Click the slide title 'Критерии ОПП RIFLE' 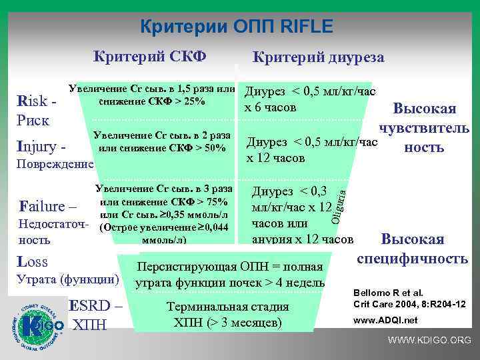pos(237,27)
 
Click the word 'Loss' pos(34,261)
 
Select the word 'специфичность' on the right pos(413,257)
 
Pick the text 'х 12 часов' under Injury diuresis pos(276,158)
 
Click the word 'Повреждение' pos(55,163)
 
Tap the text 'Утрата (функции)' pos(66,279)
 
